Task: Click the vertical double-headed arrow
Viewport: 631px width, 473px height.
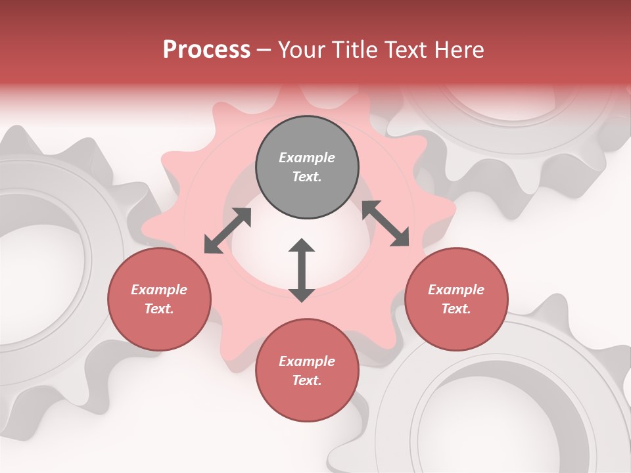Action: [302, 270]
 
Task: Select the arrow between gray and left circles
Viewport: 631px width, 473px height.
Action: [228, 231]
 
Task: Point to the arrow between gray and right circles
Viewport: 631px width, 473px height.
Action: [386, 223]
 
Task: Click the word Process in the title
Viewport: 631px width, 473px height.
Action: [206, 50]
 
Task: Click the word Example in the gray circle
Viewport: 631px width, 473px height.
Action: [307, 158]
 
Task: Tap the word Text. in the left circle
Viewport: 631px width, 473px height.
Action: [159, 309]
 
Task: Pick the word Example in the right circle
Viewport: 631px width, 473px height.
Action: [456, 290]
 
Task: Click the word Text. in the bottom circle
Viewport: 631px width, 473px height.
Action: [307, 380]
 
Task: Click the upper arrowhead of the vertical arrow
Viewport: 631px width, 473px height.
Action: [302, 245]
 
